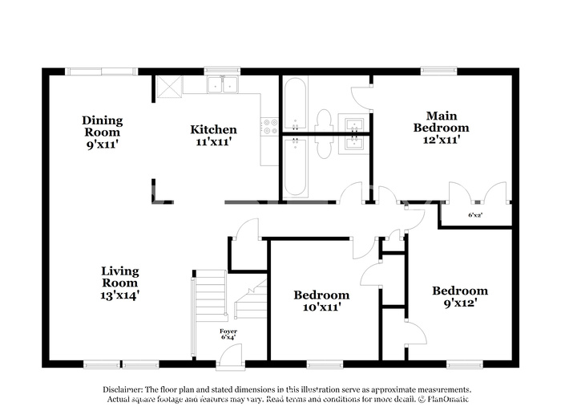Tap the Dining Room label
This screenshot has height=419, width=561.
point(103,126)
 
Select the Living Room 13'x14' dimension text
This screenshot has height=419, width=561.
point(120,295)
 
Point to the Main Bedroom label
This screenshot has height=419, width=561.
point(441,122)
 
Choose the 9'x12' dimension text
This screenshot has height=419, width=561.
point(460,303)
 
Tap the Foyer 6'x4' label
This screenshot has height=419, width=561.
point(228,334)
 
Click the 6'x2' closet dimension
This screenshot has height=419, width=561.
point(475,215)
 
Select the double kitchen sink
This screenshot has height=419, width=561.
point(223,85)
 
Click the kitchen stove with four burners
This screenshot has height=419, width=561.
point(269,127)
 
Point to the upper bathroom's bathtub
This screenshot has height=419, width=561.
point(296,104)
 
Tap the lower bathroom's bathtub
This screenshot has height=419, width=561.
point(296,168)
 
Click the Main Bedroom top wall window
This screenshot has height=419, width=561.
point(438,71)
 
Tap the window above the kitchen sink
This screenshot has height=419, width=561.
point(222,71)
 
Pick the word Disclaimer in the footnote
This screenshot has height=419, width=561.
point(123,389)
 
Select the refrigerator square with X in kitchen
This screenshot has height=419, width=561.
point(169,87)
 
